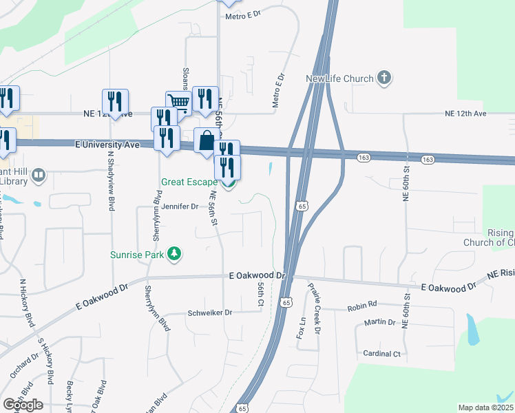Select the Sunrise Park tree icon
click(x=176, y=254)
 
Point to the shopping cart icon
click(x=179, y=103)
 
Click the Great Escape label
click(x=188, y=183)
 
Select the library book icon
click(x=39, y=176)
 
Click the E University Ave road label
click(x=107, y=145)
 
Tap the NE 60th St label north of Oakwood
click(x=406, y=184)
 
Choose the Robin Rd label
click(x=362, y=304)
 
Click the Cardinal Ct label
click(x=381, y=354)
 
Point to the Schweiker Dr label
click(x=210, y=313)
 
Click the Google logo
click(x=23, y=405)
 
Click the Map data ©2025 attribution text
click(x=485, y=407)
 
